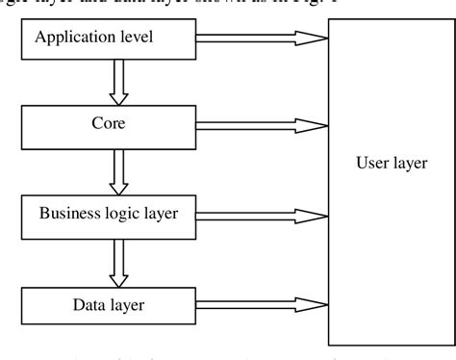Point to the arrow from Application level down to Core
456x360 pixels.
[x=119, y=82]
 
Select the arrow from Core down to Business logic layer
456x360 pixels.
[x=119, y=169]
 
